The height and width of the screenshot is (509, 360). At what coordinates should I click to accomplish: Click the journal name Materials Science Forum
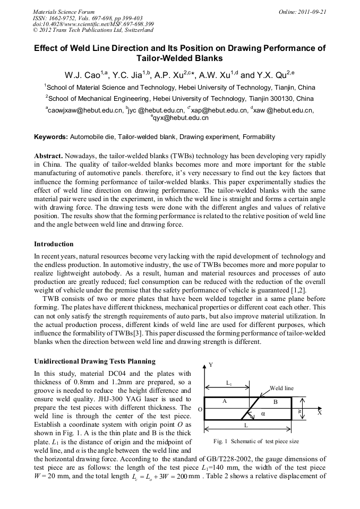(x=64, y=11)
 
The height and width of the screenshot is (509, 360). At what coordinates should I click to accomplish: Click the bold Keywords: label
(x=51, y=137)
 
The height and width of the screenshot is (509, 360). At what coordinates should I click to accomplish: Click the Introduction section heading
(x=54, y=244)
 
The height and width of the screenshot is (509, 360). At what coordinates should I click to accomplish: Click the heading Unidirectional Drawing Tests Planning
(x=95, y=361)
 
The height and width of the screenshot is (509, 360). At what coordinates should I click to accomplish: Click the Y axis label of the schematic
(x=210, y=365)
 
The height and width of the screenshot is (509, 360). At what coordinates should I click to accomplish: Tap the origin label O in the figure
(x=200, y=410)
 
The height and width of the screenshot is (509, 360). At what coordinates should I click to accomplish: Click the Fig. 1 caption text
(x=256, y=441)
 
